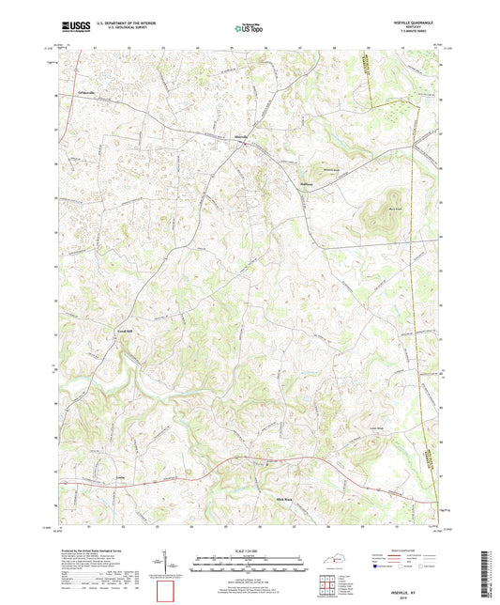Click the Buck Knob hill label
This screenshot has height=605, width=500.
(371, 212)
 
